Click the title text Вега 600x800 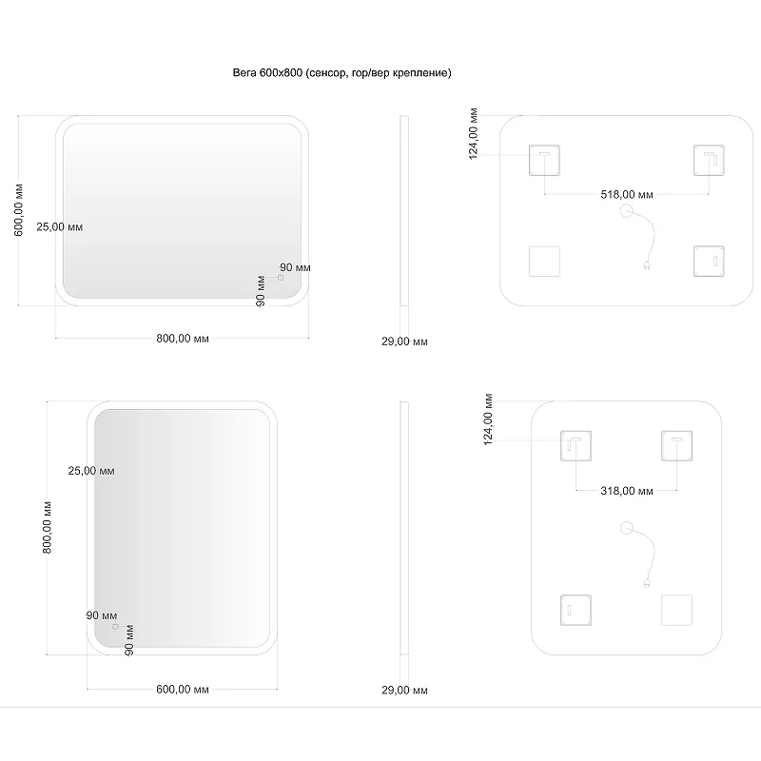267,73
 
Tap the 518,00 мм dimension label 627,195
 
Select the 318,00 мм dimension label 627,491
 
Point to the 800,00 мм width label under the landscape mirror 183,339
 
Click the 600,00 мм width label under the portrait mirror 183,689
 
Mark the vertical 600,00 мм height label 18,210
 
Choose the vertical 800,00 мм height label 47,528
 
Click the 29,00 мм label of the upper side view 404,341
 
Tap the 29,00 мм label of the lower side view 404,691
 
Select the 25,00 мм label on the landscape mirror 60,226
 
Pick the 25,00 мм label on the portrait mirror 91,471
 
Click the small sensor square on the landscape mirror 280,278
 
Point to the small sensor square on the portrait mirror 115,627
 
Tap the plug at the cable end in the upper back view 647,265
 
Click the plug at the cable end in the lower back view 647,582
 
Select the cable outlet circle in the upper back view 627,211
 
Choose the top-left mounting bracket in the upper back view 544,160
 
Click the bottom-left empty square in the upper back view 544,262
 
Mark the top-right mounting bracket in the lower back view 676,445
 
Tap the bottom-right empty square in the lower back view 676,610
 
